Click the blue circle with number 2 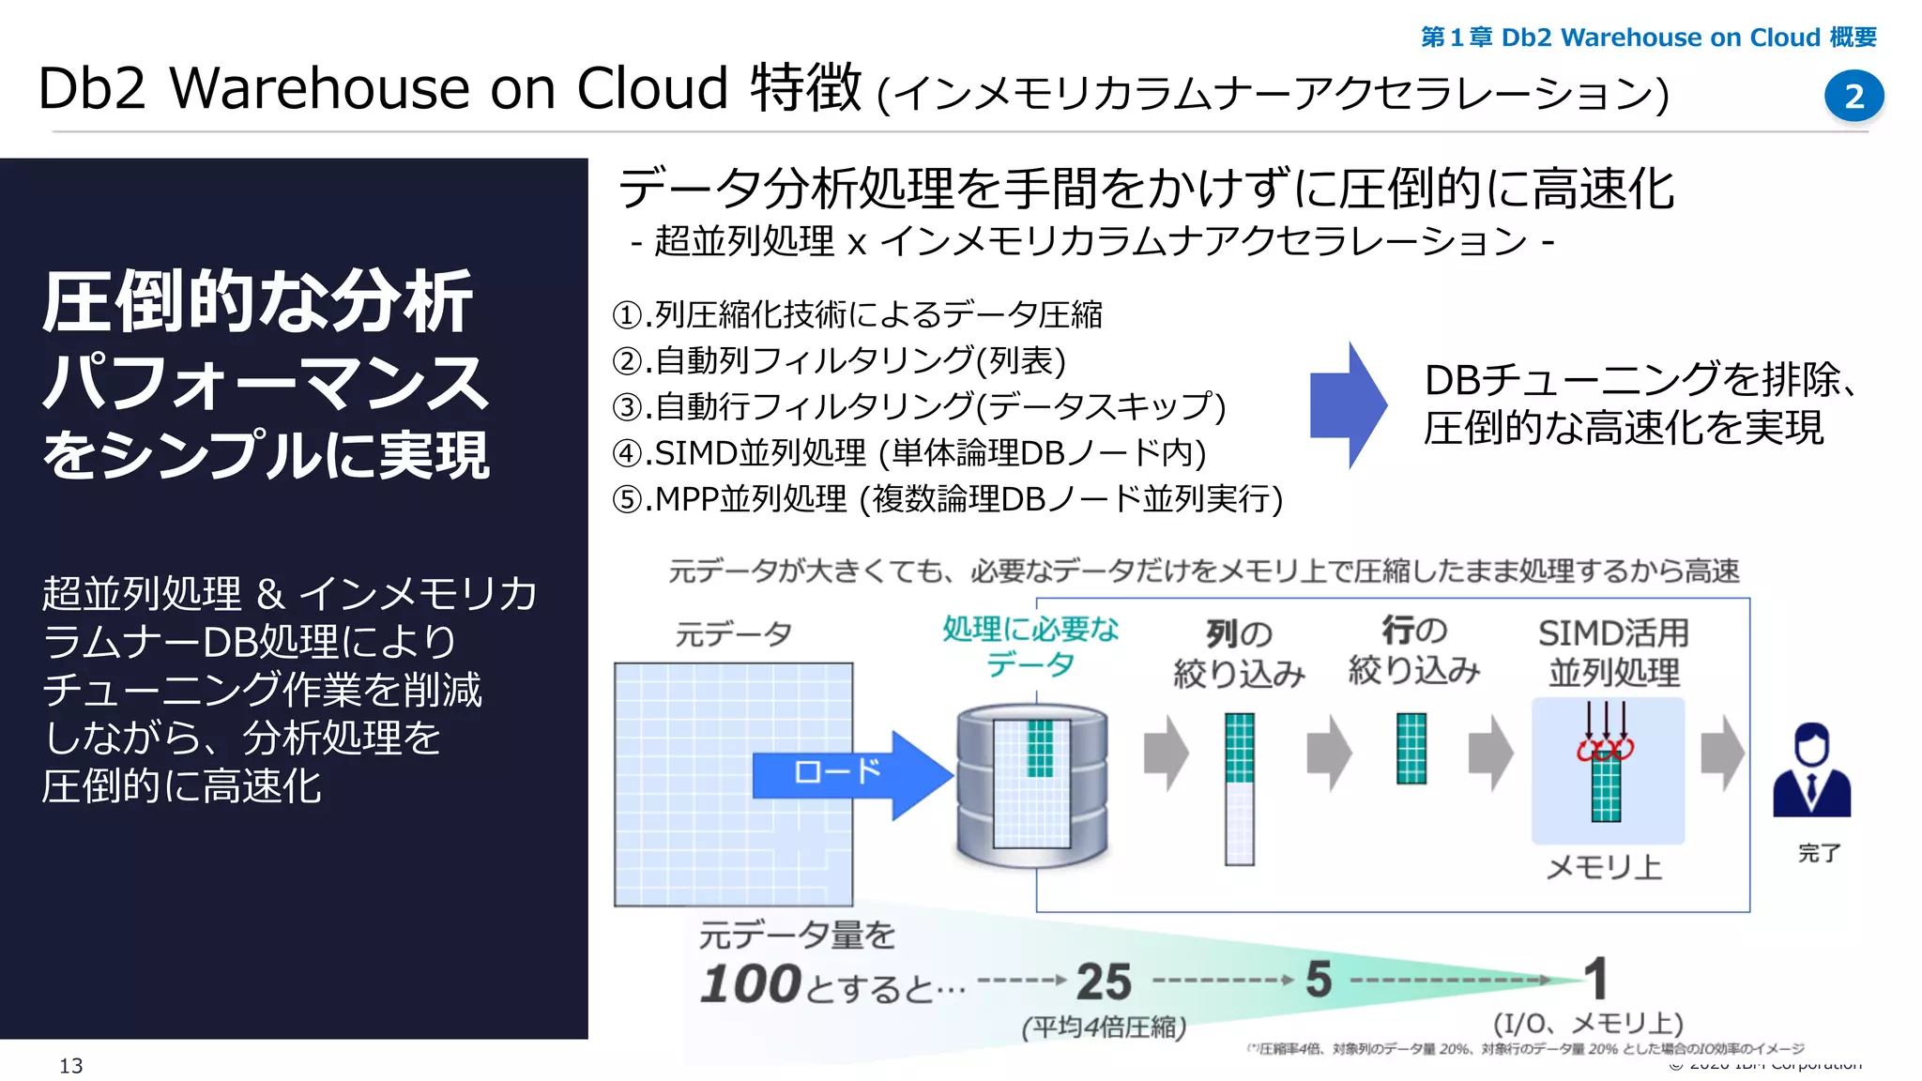[1853, 96]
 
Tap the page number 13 [71, 1065]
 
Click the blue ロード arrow [849, 773]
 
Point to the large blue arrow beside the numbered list [1348, 404]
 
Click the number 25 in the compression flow [1104, 982]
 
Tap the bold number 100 [750, 984]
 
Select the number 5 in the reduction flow [1319, 981]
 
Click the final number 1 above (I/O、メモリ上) [1595, 979]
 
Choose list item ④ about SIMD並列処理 [908, 453]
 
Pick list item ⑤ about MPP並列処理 [946, 499]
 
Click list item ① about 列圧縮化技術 [856, 314]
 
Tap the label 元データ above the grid [733, 634]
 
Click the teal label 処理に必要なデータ [1030, 646]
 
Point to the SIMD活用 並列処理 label [1613, 652]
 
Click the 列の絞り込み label [1239, 654]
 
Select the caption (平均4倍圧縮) [1104, 1028]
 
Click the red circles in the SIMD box [1606, 749]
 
